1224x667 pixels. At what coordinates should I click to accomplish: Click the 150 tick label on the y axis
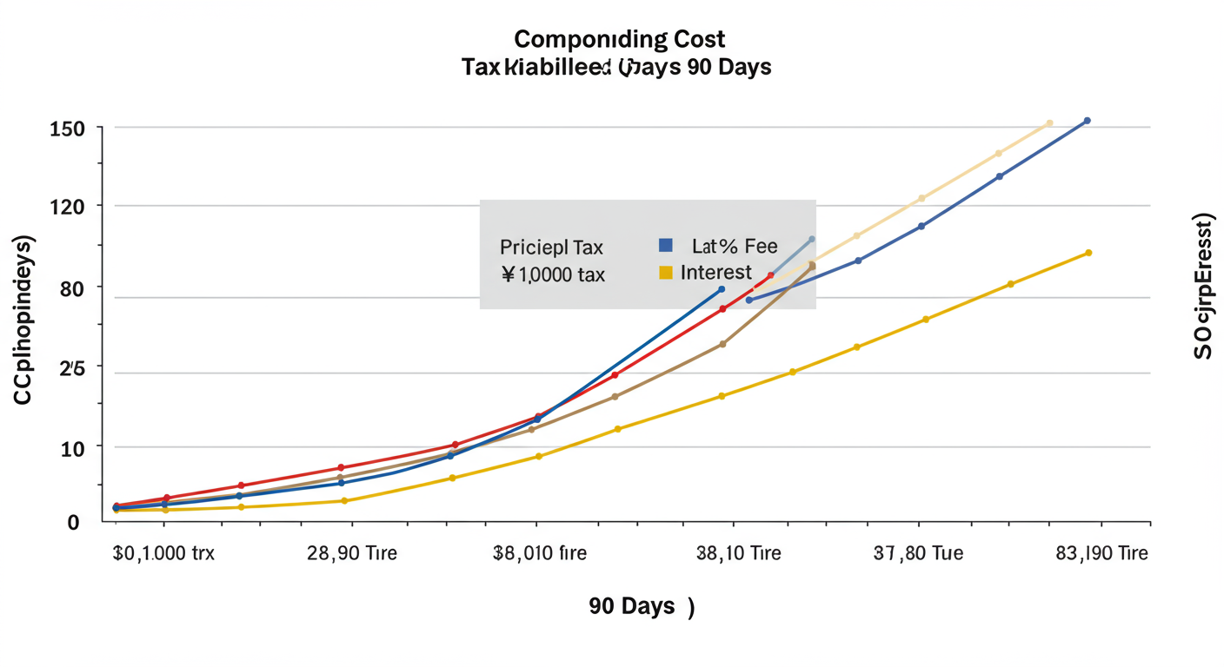click(69, 129)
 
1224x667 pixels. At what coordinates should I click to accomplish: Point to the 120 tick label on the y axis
click(69, 207)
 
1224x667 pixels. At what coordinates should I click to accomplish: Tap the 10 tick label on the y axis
click(72, 447)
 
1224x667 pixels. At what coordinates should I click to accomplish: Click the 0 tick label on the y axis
click(74, 522)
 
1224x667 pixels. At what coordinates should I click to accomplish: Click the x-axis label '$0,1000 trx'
click(163, 553)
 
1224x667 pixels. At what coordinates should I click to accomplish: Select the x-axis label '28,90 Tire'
click(352, 553)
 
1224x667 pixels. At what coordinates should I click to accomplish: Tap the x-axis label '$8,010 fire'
click(539, 553)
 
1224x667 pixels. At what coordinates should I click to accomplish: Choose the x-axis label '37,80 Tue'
click(918, 553)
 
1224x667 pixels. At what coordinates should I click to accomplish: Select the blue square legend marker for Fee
click(666, 246)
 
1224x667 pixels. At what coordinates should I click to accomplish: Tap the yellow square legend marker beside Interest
click(666, 273)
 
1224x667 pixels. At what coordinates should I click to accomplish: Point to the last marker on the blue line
click(1087, 121)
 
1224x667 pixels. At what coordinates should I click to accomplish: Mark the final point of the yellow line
click(1088, 253)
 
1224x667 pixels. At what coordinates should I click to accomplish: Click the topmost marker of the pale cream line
click(1049, 123)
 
